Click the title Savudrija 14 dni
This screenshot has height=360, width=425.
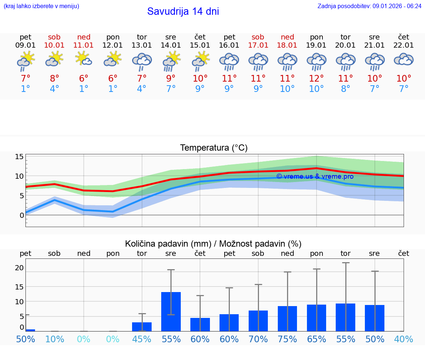click(183, 11)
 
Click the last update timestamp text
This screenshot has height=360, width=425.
click(369, 6)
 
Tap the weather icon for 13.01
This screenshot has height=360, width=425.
click(142, 61)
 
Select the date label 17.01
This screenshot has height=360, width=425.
click(258, 45)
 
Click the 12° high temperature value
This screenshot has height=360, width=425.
click(316, 78)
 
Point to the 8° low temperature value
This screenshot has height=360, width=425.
click(345, 89)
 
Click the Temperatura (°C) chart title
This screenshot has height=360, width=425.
click(214, 148)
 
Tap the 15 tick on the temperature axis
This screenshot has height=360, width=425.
click(19, 157)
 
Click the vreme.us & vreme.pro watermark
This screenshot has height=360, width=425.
click(315, 176)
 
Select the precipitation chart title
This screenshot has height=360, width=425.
click(213, 244)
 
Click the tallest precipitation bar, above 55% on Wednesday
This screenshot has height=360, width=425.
click(171, 312)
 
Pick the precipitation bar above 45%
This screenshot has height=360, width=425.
click(142, 326)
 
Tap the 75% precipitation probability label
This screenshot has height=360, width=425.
click(287, 339)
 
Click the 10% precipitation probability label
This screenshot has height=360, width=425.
click(54, 339)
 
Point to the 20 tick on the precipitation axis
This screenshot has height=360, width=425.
click(19, 268)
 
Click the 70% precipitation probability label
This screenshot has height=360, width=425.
click(258, 339)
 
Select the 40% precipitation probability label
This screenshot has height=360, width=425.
click(404, 339)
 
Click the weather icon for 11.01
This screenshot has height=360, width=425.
click(84, 59)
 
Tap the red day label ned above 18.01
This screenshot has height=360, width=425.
click(287, 37)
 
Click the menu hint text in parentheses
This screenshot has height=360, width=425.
click(41, 6)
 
